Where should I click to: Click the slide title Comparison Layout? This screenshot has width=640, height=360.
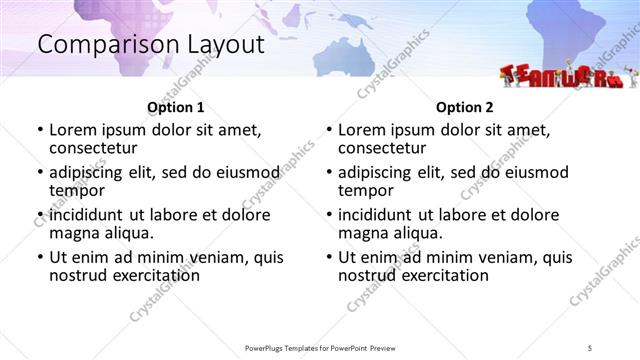tap(150, 44)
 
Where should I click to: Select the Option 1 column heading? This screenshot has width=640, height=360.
tap(175, 107)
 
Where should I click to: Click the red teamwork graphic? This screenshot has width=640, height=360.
tap(561, 76)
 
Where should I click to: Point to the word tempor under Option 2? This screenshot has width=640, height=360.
tap(366, 190)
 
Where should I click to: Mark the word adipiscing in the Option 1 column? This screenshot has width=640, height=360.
tap(88, 172)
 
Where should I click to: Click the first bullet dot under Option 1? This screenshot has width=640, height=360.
tap(39, 131)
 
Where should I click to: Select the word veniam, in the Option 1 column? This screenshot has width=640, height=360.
tap(215, 257)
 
